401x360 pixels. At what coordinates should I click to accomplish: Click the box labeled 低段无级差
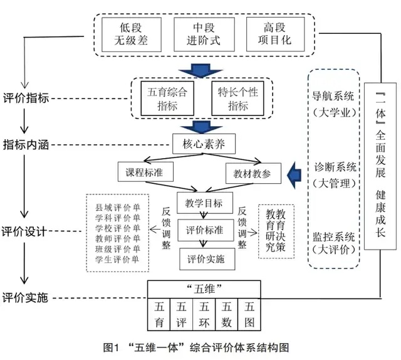tap(131, 34)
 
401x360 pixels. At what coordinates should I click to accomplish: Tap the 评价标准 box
tap(201, 230)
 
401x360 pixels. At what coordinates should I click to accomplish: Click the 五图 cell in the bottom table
tap(249, 315)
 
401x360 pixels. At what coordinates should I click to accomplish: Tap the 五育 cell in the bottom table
tap(159, 315)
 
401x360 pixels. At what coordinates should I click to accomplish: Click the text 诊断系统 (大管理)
tap(335, 175)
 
